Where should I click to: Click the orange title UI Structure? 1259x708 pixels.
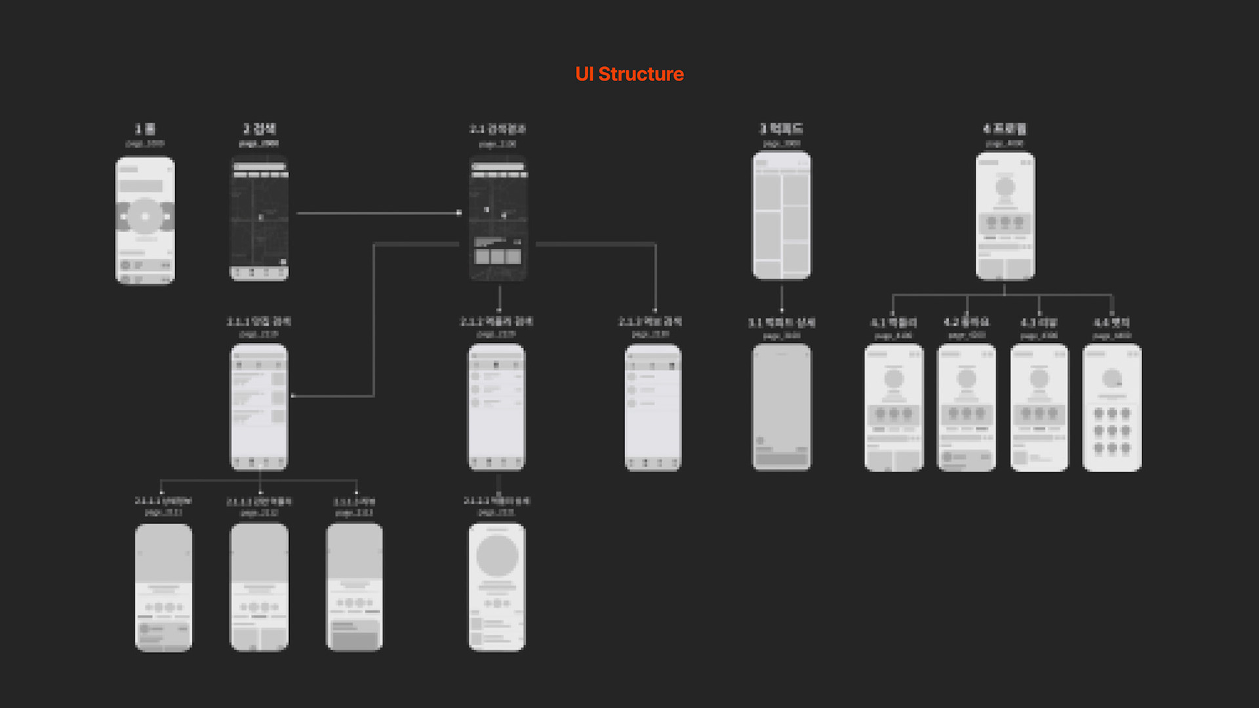pos(629,74)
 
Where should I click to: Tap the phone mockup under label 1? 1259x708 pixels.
pos(145,220)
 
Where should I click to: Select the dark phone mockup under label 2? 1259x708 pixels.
pos(259,218)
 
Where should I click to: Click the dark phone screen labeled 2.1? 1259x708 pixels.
pos(498,218)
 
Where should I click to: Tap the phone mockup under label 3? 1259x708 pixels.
pos(781,216)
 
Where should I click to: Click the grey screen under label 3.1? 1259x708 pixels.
pos(781,406)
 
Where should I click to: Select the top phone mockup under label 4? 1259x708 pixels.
pos(1005,216)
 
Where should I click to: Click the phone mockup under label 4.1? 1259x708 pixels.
pos(894,407)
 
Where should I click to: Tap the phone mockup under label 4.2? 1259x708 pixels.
pos(967,407)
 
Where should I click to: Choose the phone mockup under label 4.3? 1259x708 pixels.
pos(1039,407)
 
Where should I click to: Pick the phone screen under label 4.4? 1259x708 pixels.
pos(1112,407)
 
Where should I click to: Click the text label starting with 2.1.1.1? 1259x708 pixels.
pos(163,501)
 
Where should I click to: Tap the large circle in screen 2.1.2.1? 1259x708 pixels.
pos(497,556)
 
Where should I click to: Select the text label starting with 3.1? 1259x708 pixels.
pos(781,323)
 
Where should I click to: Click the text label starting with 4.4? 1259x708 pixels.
pos(1111,323)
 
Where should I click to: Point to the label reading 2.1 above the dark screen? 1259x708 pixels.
pos(498,129)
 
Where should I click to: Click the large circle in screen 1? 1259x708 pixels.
pos(145,216)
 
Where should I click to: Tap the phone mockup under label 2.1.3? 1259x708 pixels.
pos(653,407)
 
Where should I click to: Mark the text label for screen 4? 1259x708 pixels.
pos(1005,128)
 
